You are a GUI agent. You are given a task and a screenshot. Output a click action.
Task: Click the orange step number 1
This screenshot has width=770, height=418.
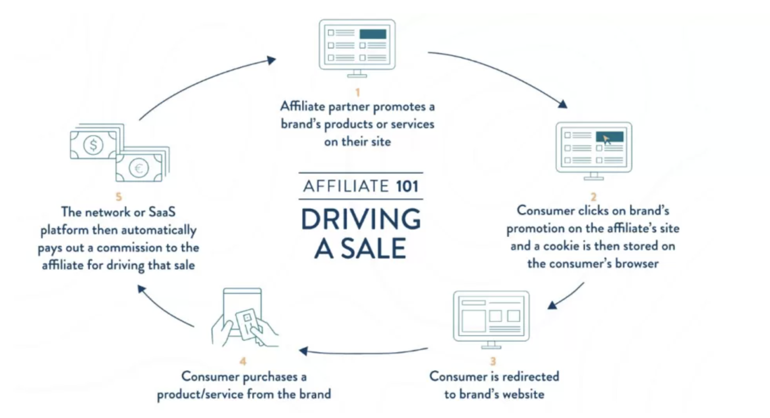tap(358, 92)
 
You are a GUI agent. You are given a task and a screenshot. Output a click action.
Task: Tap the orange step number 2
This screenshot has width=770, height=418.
tap(593, 197)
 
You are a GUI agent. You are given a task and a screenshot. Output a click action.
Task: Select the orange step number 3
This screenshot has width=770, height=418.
tap(493, 361)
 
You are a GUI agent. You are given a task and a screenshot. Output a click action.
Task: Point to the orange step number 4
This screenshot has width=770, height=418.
tap(243, 361)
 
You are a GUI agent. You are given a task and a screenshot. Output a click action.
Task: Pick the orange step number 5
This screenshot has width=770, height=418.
tap(118, 197)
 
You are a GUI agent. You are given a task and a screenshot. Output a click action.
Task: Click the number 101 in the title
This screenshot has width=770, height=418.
tap(407, 186)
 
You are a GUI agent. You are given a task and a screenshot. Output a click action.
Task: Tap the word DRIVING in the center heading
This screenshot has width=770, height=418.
tap(361, 219)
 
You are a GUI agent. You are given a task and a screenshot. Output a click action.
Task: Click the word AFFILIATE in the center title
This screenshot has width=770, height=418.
tap(346, 186)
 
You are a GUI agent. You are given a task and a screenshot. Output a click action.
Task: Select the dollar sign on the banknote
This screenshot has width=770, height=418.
tap(93, 145)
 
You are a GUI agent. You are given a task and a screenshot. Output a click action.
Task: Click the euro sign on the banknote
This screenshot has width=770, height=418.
tap(139, 168)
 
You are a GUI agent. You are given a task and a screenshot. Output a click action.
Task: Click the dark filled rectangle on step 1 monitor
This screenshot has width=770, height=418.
tap(372, 34)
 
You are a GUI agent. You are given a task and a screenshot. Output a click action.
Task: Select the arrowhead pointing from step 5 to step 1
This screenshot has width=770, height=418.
tap(271, 60)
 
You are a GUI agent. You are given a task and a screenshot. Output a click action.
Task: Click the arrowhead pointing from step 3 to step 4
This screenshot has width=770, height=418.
tap(303, 351)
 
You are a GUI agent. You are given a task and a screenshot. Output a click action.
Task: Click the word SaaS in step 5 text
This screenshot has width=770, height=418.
tap(162, 212)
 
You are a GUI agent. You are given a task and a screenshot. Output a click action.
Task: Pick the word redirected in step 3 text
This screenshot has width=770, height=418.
tap(532, 377)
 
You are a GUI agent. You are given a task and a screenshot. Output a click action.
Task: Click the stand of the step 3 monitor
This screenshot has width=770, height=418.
tap(491, 345)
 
